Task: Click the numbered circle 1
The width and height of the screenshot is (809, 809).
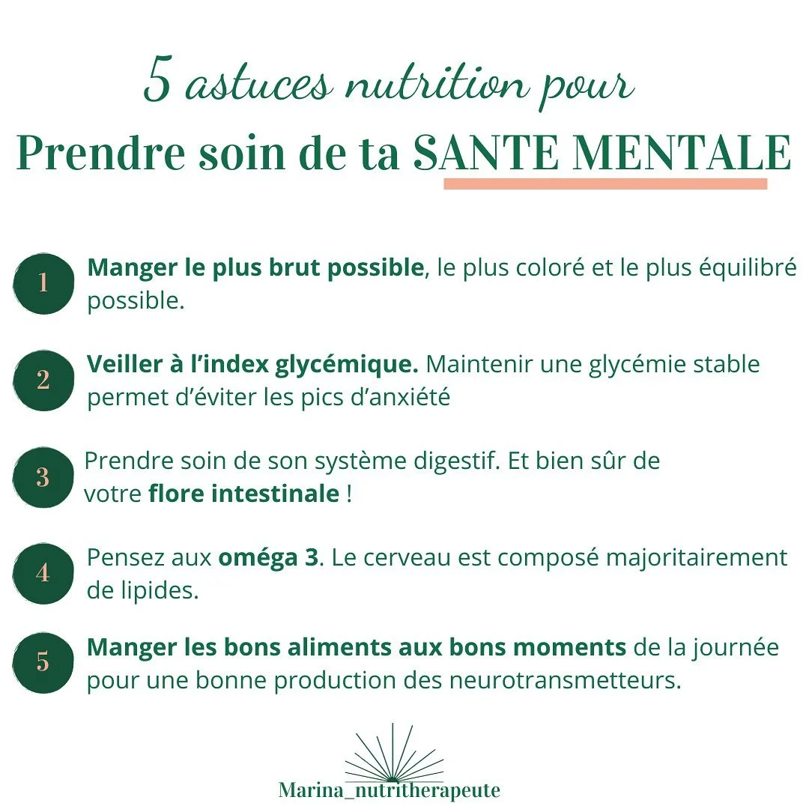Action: tap(43, 283)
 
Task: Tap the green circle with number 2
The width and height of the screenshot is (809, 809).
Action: tap(43, 381)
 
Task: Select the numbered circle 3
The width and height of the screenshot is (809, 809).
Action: tap(43, 478)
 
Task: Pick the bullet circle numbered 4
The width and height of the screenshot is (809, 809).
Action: tap(43, 573)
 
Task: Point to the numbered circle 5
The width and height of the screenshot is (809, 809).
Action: tap(43, 663)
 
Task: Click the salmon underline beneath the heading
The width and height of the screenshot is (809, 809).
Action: tap(605, 184)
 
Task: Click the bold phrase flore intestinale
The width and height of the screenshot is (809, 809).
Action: tap(244, 494)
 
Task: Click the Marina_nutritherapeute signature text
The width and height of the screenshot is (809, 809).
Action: tap(389, 790)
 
